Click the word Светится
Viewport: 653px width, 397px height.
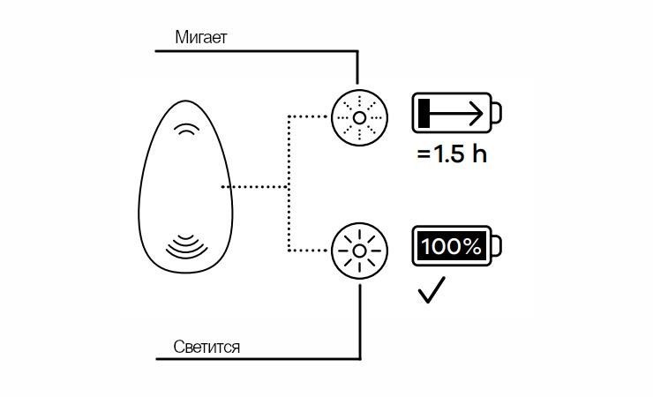pyautogui.click(x=207, y=347)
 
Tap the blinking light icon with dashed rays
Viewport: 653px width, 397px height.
pyautogui.click(x=357, y=116)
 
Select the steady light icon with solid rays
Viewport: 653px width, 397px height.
pyautogui.click(x=357, y=251)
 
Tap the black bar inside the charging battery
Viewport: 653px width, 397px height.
pyautogui.click(x=424, y=113)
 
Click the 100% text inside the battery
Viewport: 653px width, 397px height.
pyautogui.click(x=451, y=247)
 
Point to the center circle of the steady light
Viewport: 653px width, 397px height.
pyautogui.click(x=357, y=251)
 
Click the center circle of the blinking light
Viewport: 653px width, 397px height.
pyautogui.click(x=357, y=116)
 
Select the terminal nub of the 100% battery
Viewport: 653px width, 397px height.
pyautogui.click(x=498, y=247)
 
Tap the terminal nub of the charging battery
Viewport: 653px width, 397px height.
pyautogui.click(x=498, y=113)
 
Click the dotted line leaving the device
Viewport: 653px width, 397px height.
pyautogui.click(x=256, y=186)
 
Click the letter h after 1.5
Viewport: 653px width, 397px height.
pyautogui.click(x=478, y=154)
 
